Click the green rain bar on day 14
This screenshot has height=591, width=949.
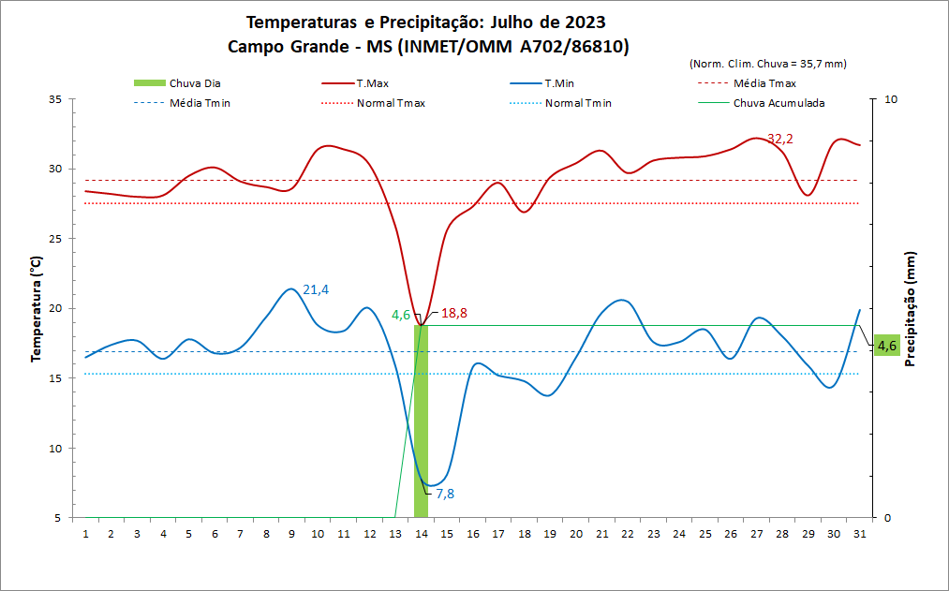point(421,421)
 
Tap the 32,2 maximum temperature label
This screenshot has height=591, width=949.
point(779,139)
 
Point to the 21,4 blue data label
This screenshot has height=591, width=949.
point(316,289)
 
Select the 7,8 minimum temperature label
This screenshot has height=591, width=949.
point(445,494)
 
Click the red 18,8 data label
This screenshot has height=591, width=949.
point(454,314)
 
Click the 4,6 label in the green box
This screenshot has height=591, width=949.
point(886,346)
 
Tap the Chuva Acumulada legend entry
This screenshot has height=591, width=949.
point(778,103)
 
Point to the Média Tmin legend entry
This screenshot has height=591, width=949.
point(200,103)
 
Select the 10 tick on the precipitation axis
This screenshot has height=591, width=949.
point(891,99)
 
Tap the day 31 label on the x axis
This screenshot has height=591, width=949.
point(859,533)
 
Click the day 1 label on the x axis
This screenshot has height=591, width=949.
point(85,533)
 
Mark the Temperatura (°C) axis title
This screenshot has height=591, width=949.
point(37,309)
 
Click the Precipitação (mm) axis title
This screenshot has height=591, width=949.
point(910,309)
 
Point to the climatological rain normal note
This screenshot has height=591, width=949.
point(767,64)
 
